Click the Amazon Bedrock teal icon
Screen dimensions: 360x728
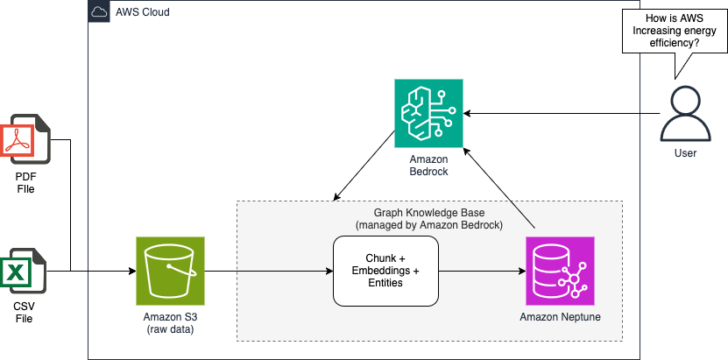428,113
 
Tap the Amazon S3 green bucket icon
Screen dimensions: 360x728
170,271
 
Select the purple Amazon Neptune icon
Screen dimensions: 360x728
560,271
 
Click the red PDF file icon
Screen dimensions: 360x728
27,138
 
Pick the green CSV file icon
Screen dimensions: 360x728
27,271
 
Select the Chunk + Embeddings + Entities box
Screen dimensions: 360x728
385,271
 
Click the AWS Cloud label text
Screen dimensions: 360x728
142,12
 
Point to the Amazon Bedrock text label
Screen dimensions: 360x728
428,165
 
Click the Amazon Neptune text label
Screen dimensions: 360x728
560,316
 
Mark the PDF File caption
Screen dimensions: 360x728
27,182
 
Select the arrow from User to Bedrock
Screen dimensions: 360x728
561,113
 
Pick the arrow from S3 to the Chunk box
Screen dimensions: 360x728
268,271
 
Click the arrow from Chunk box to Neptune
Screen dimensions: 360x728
481,271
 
